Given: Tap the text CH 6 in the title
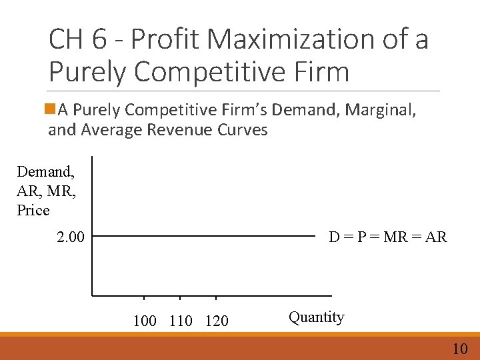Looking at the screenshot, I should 74,41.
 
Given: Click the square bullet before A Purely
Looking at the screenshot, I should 53,109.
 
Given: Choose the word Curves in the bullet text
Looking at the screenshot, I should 243,129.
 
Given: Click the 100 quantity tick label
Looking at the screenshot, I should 145,321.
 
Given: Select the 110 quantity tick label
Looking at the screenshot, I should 181,321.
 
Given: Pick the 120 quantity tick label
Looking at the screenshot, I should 216,321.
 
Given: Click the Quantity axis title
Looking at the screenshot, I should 316,317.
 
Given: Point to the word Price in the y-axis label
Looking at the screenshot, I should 33,210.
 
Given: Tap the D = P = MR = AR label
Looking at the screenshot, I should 387,237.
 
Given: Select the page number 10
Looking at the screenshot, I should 460,348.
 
